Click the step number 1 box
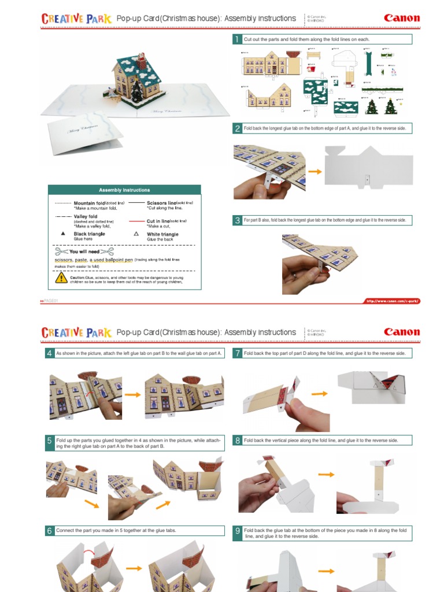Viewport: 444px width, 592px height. tap(236, 39)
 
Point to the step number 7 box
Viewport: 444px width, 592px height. tap(237, 353)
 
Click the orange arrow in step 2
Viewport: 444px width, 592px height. tap(315, 172)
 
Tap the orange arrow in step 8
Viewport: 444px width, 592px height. tap(327, 475)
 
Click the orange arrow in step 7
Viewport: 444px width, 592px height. tap(320, 391)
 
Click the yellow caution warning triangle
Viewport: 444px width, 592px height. tap(61, 278)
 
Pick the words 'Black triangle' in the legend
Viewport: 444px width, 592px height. tap(89, 234)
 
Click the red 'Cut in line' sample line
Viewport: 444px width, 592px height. tap(136, 221)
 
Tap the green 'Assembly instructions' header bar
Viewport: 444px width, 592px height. tap(124, 190)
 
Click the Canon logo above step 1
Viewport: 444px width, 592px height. tap(402, 18)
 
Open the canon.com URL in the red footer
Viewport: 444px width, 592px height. tap(391, 301)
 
